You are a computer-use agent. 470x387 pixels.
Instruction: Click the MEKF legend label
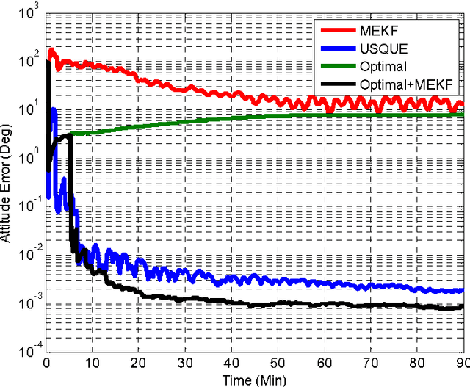pos(377,30)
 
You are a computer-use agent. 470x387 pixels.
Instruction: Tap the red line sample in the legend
pos(338,30)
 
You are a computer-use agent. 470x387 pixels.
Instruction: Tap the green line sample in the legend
pos(338,67)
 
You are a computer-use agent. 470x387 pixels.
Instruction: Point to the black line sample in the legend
pos(338,85)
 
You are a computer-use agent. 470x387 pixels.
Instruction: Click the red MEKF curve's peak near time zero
pos(51,51)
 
